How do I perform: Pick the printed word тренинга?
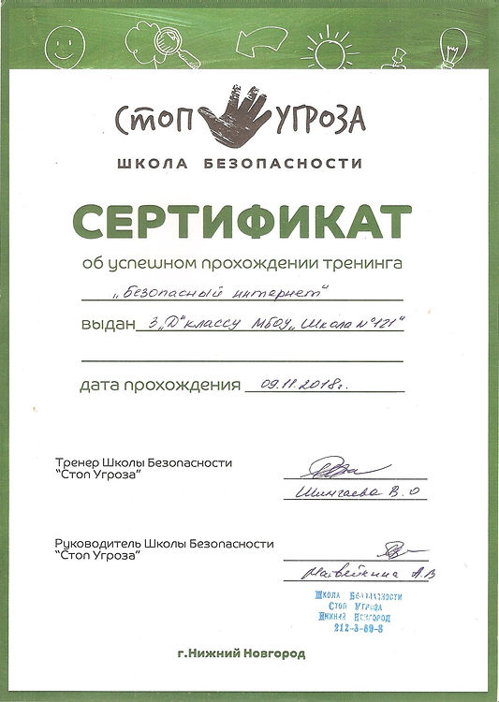tap(366, 263)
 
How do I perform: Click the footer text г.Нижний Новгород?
tap(241, 653)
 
